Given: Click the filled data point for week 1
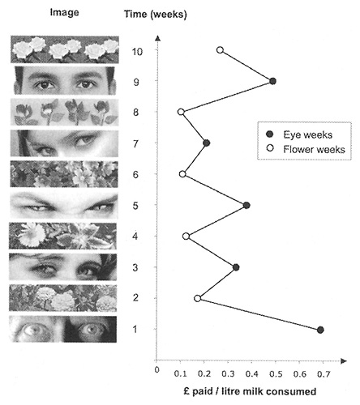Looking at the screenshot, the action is (x=320, y=330).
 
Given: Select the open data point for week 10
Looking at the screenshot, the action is (x=221, y=50).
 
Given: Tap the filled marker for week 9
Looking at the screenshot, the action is (x=273, y=81).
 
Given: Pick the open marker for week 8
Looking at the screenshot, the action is (x=181, y=112).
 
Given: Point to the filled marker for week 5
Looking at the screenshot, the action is (x=246, y=206).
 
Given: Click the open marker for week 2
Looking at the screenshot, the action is (x=198, y=298).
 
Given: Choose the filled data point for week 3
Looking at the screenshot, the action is (x=236, y=267).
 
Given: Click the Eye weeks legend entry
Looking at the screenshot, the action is (x=299, y=134).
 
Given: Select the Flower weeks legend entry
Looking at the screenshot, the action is (x=306, y=149).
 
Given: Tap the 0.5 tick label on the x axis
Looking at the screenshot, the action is (x=276, y=374).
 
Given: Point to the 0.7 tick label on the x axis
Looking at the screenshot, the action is (x=324, y=374).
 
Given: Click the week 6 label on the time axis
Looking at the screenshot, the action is (x=135, y=174).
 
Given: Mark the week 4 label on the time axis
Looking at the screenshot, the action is (x=135, y=237).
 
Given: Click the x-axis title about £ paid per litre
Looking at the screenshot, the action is (x=250, y=391).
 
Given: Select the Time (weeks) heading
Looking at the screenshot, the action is (x=156, y=14).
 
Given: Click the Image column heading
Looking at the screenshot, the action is (x=65, y=12).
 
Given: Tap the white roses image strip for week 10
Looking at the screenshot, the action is (x=65, y=49).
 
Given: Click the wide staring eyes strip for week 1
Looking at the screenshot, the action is (x=63, y=329).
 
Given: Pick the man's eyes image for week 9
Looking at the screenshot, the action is (x=65, y=80).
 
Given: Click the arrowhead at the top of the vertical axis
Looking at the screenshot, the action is (x=158, y=38).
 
